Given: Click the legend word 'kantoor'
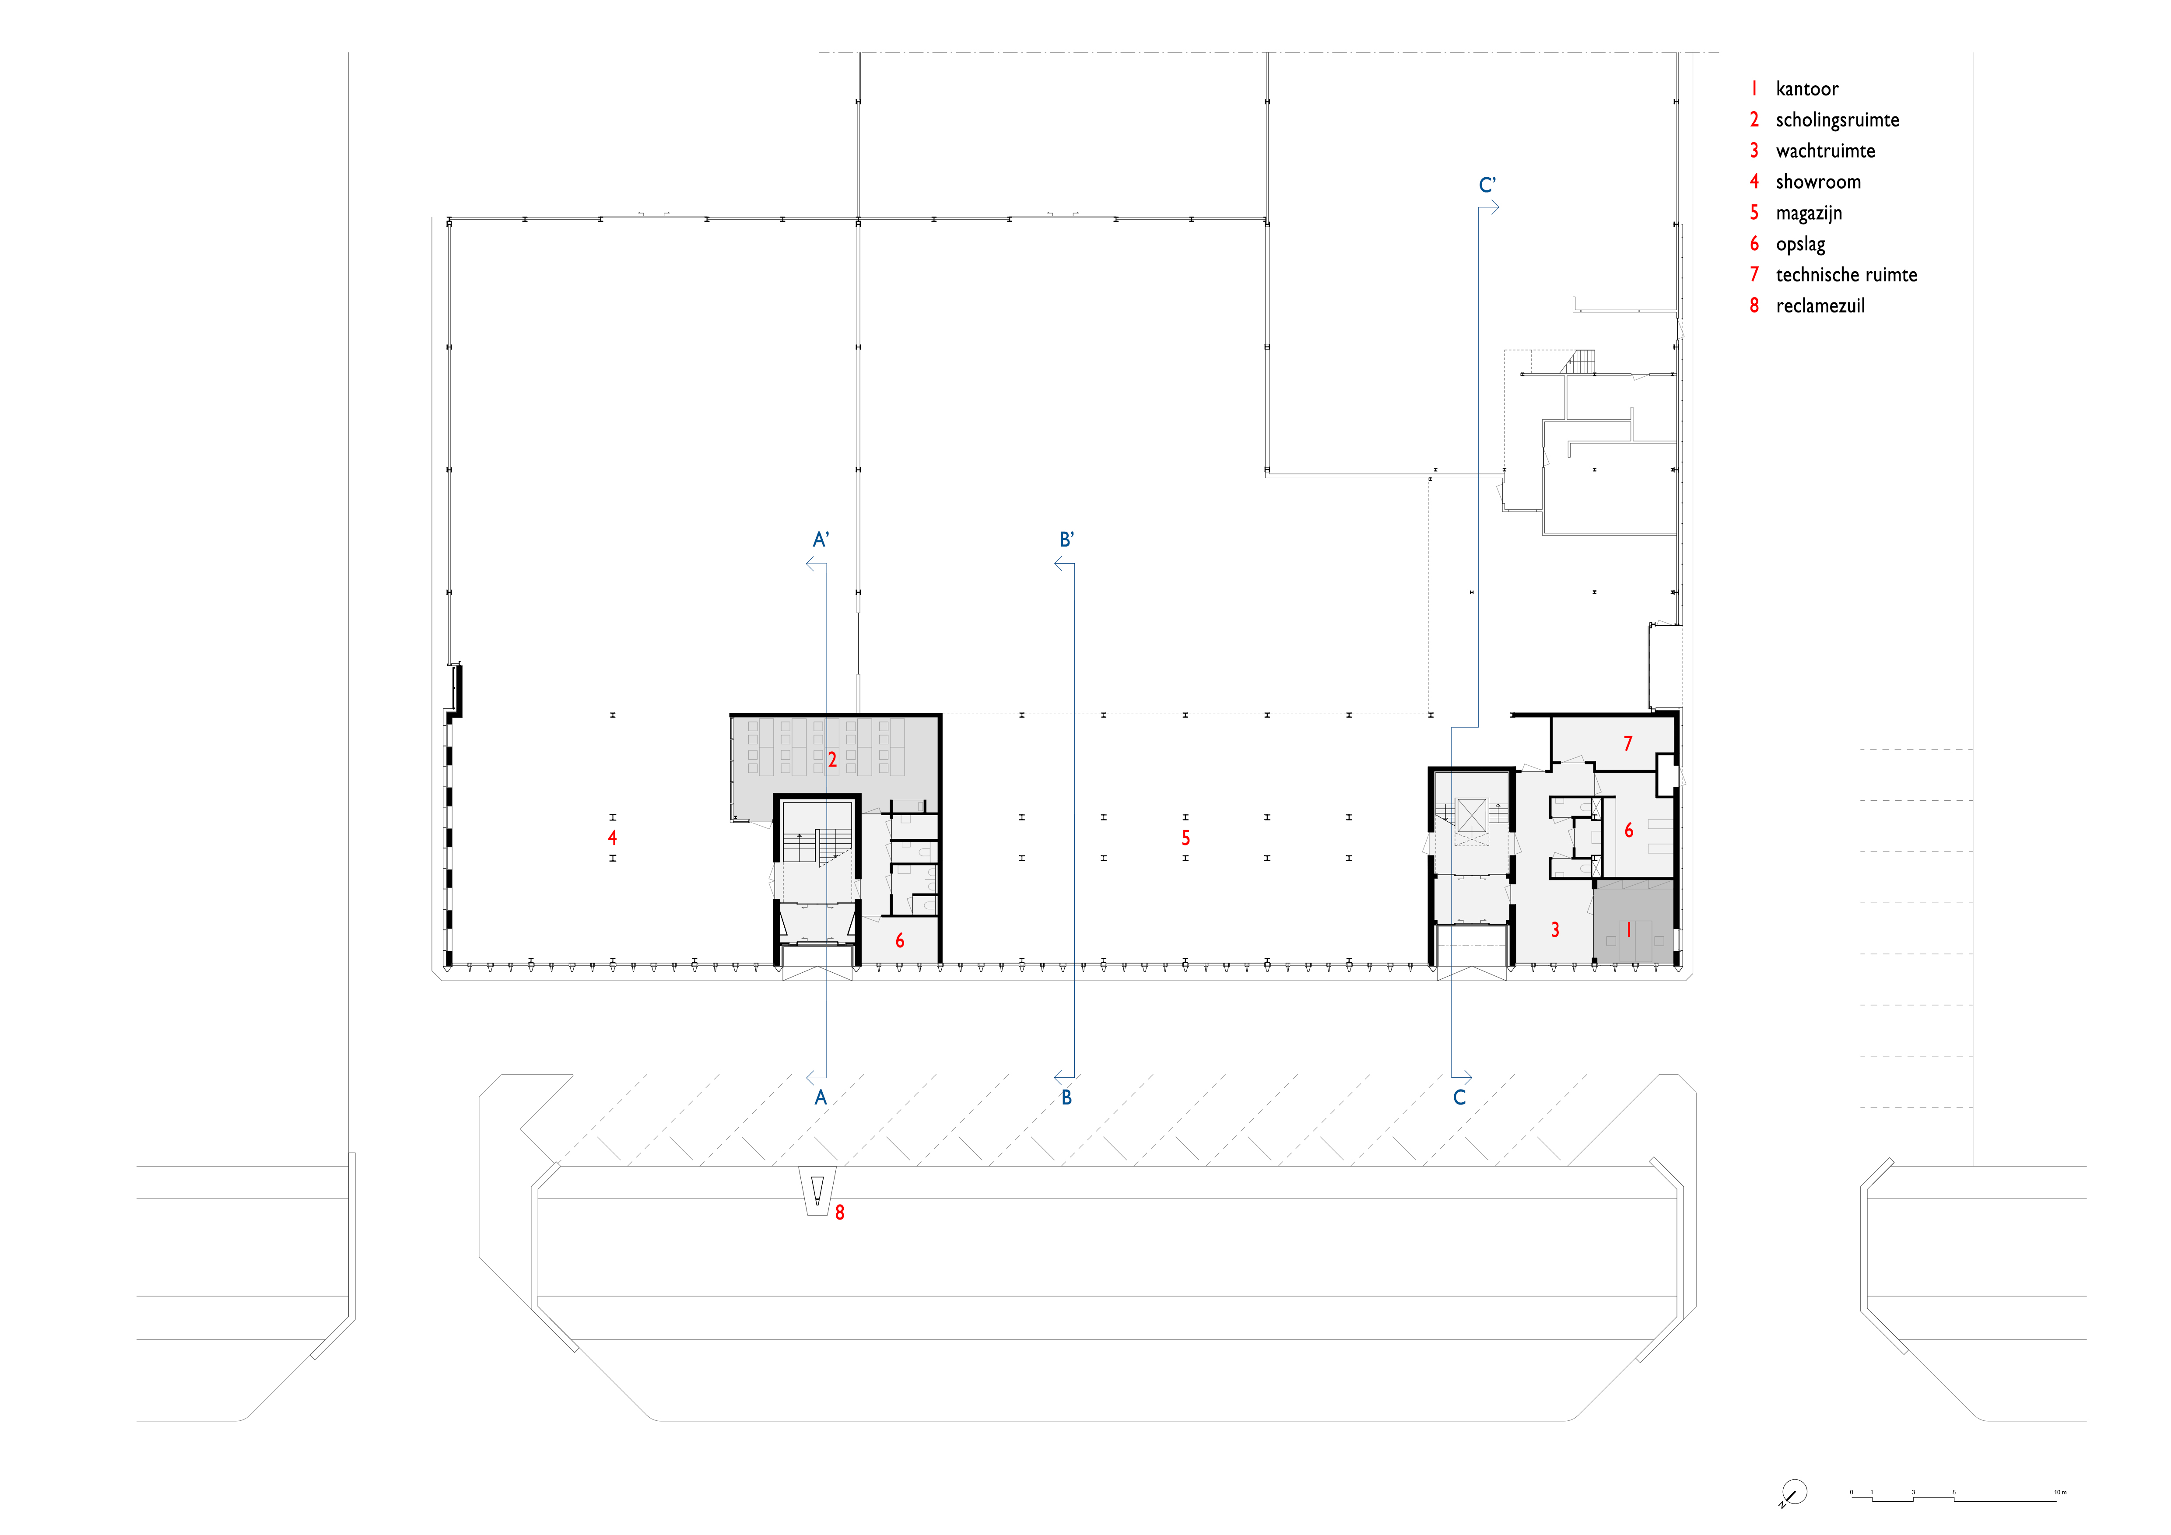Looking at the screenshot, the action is [1807, 89].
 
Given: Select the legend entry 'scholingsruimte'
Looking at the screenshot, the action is [1837, 120].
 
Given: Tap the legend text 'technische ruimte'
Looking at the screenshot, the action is [1847, 275].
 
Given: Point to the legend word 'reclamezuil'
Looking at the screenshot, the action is [1820, 306].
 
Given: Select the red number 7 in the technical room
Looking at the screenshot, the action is [1627, 744].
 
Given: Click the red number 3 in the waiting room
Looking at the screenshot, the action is [1555, 930].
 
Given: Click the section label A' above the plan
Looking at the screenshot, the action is [821, 540].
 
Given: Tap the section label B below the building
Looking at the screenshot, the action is [1066, 1097].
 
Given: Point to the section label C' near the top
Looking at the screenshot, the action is [1487, 185].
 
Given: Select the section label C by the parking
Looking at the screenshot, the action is [1460, 1097].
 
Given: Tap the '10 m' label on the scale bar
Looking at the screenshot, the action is [2060, 1493].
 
